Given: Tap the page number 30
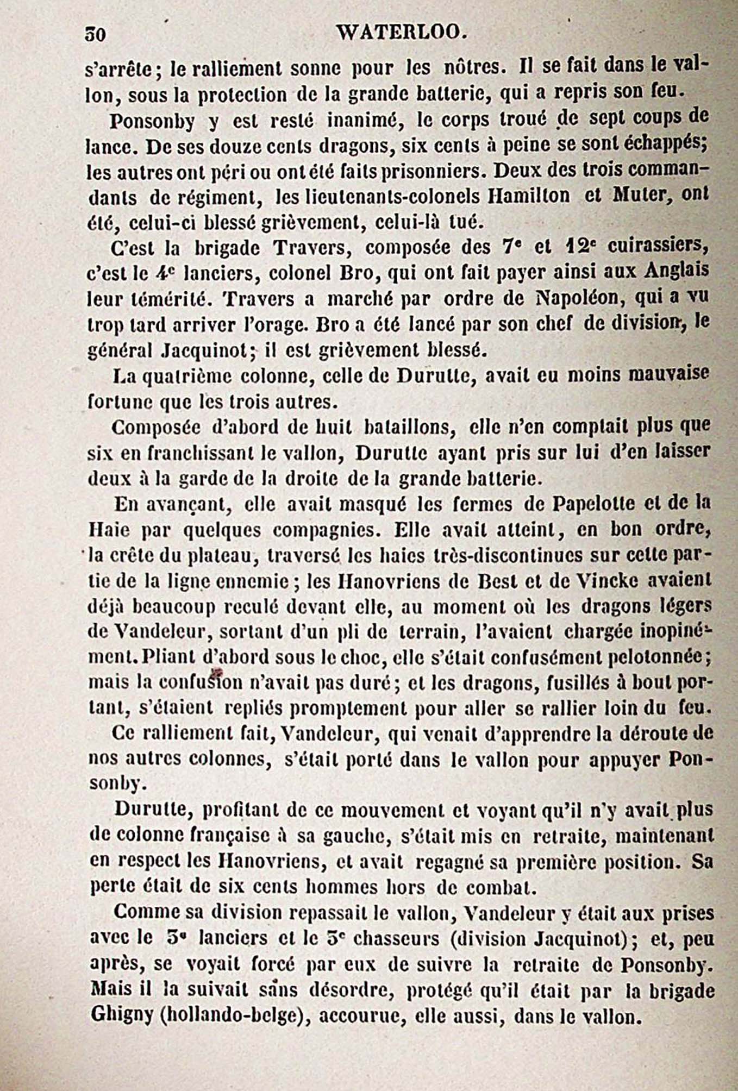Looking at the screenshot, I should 96,35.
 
